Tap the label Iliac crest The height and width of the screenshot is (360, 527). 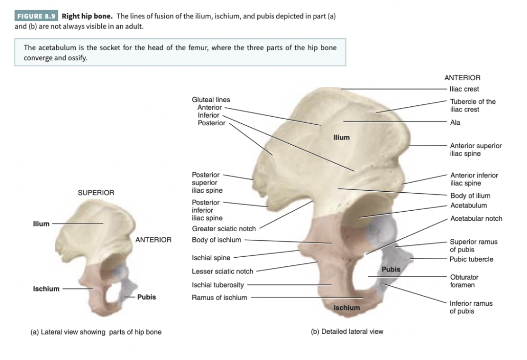[464, 89]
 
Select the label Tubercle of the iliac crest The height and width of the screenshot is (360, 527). [472, 105]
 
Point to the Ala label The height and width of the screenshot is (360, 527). [455, 123]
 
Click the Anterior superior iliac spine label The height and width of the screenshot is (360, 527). [475, 149]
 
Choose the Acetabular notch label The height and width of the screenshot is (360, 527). [476, 218]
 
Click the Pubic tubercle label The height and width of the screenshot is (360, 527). [471, 259]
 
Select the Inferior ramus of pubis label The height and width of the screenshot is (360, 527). [471, 307]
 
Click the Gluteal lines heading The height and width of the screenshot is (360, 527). [211, 100]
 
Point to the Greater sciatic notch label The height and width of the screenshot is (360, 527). [224, 229]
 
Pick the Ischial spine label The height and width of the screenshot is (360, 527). [211, 258]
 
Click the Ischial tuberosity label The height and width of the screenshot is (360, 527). [217, 285]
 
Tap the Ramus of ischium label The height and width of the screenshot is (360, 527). [219, 298]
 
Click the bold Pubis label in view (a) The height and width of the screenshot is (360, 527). [146, 297]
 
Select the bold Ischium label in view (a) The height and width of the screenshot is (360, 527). [46, 289]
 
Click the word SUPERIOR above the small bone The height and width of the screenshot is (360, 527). [96, 193]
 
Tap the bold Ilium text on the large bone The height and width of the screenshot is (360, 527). [341, 137]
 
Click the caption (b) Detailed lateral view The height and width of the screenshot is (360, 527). [347, 331]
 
